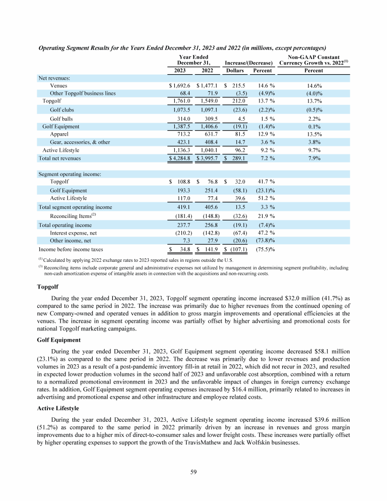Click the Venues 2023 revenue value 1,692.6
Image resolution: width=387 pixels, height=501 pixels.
point(182,86)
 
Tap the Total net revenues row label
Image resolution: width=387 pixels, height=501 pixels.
point(60,158)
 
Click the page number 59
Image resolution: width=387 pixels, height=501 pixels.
point(193,472)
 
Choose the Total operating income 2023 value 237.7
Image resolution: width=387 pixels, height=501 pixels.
point(182,225)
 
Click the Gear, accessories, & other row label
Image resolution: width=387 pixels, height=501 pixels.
point(80,142)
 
